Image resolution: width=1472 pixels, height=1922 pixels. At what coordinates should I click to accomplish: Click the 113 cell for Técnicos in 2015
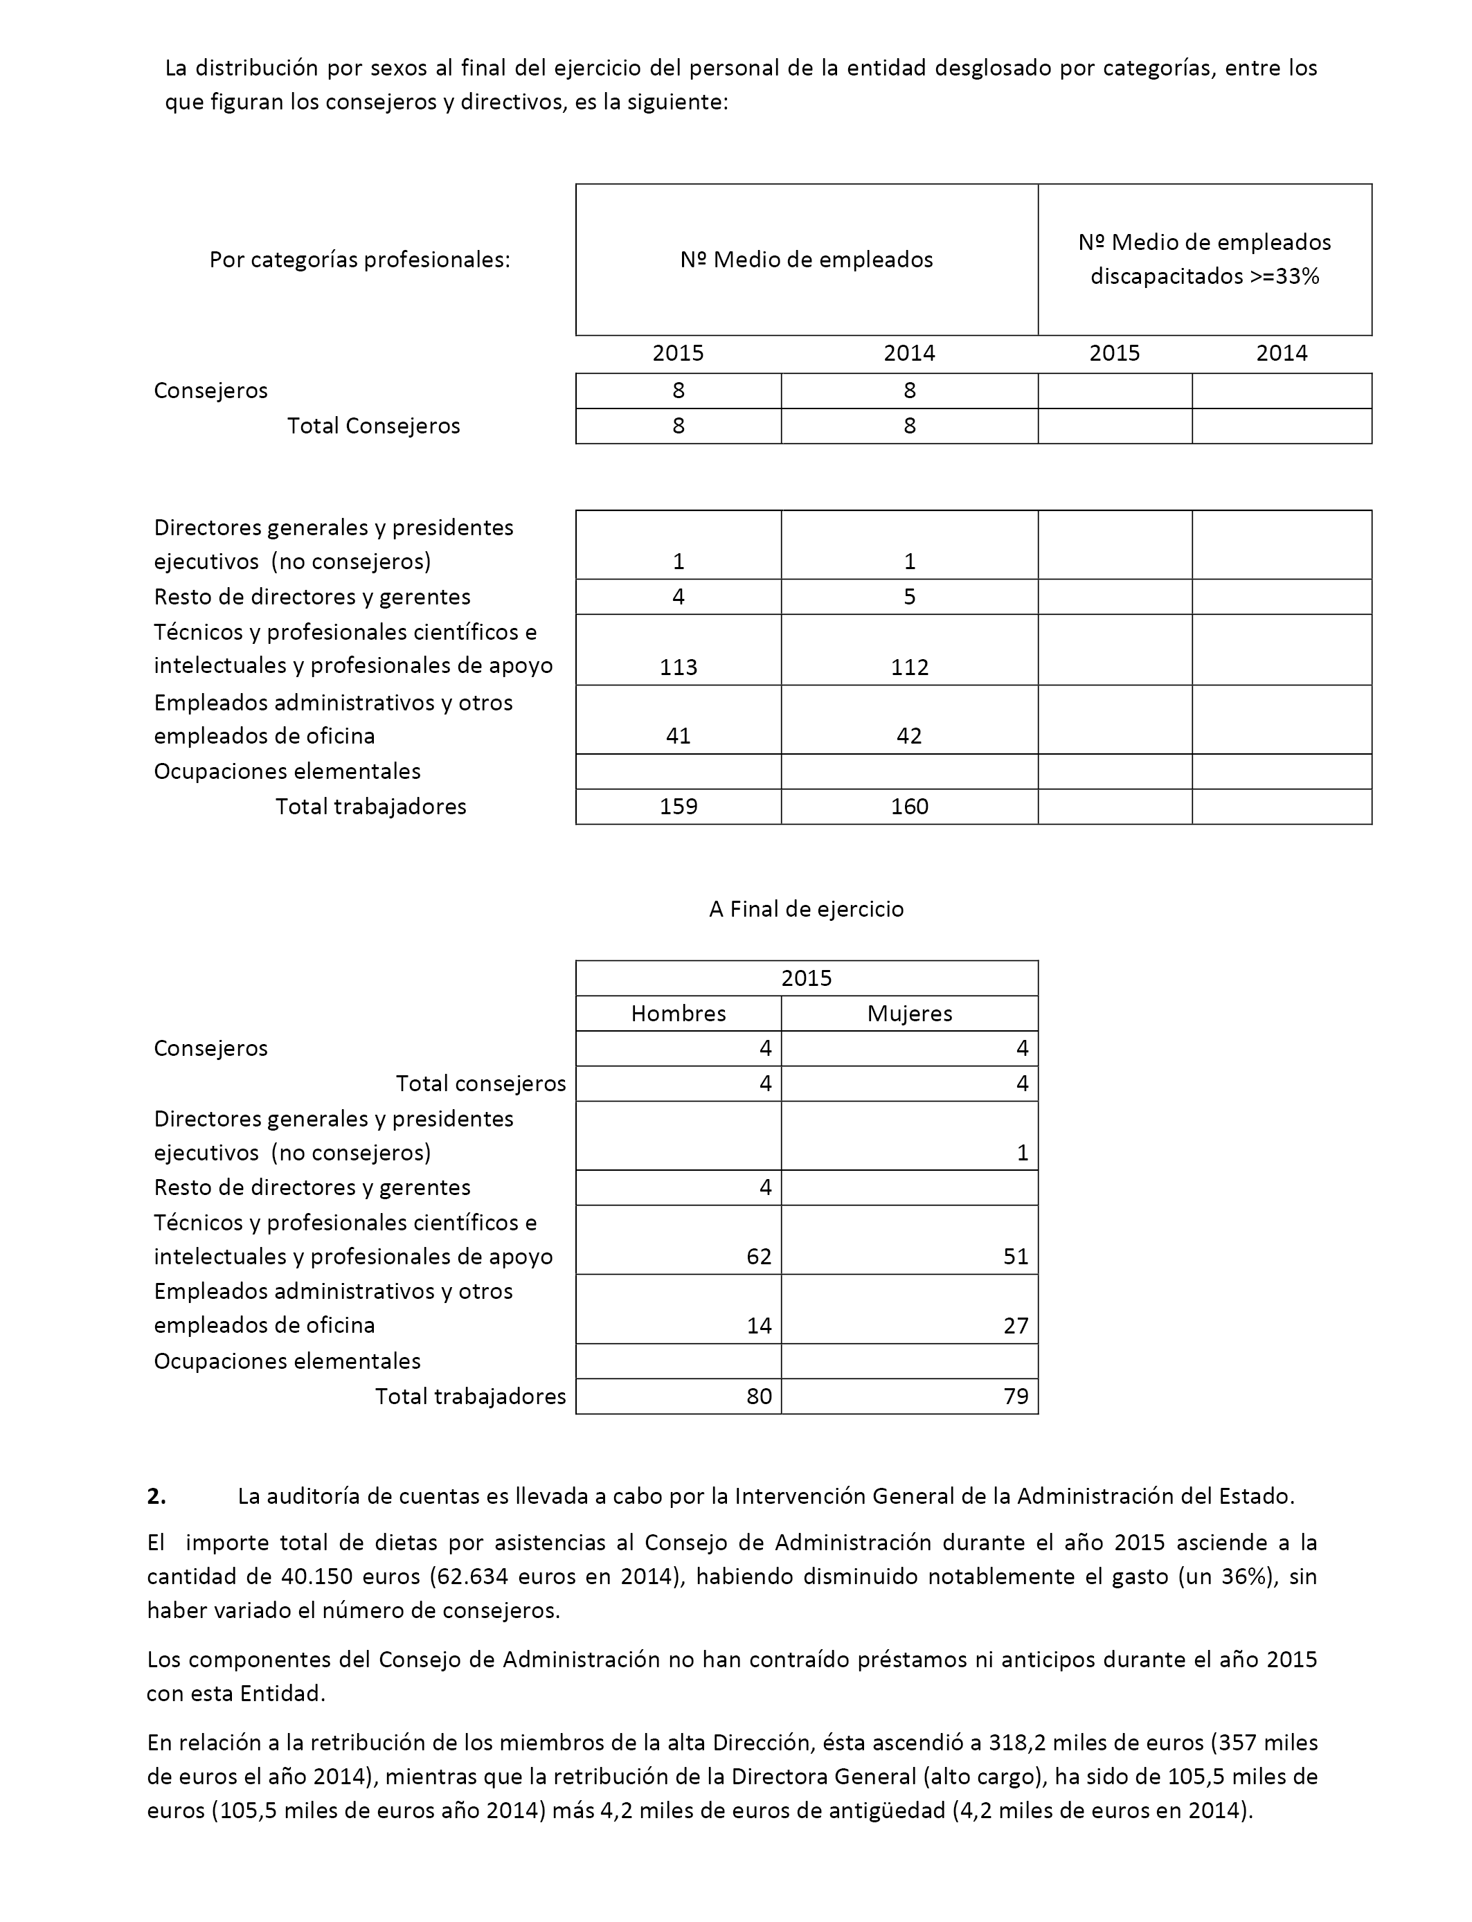(x=678, y=667)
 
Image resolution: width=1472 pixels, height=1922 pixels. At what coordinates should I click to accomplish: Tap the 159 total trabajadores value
(x=678, y=807)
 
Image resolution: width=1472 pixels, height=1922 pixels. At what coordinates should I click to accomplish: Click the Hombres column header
(x=678, y=1014)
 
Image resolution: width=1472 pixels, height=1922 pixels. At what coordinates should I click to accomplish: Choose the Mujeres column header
(x=910, y=1014)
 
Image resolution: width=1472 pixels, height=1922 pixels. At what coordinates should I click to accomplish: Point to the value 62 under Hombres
(x=759, y=1257)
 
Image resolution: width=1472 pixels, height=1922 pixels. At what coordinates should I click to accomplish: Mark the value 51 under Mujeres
(x=1016, y=1257)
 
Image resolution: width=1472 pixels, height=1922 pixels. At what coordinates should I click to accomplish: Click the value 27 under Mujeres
(x=1016, y=1325)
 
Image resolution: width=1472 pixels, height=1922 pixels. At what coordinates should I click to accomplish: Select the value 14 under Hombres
(x=759, y=1325)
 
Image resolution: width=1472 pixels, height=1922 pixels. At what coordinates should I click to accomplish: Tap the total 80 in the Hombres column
(x=759, y=1396)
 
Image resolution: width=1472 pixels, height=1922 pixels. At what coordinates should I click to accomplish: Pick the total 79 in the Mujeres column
(x=1016, y=1396)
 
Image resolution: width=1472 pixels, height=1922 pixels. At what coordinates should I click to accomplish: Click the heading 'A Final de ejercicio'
(x=806, y=909)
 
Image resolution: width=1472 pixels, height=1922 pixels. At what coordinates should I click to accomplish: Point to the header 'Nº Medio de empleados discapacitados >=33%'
(x=1204, y=260)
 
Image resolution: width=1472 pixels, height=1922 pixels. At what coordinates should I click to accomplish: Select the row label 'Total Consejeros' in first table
(x=373, y=426)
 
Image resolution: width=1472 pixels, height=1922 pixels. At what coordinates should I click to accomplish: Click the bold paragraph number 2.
(x=157, y=1496)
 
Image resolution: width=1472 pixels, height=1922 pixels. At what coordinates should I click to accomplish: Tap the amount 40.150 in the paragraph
(x=316, y=1577)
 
